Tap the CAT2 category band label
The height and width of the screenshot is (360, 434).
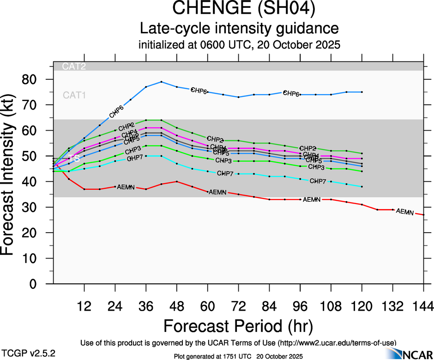74,66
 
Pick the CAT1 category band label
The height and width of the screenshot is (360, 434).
74,95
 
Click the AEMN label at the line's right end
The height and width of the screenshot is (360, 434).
405,211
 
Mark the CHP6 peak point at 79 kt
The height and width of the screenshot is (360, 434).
161,82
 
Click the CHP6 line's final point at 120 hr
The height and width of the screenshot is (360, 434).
362,92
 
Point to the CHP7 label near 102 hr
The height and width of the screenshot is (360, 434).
319,181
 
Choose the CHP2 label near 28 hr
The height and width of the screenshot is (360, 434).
126,127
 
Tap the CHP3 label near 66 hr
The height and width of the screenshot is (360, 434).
223,161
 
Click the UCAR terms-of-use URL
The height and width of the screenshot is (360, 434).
336,342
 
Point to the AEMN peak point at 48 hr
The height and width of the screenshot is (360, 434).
177,181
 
